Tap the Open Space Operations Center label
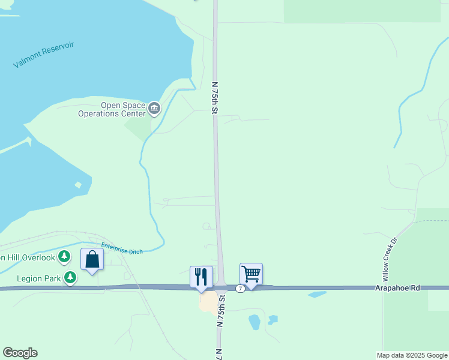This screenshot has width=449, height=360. [123, 109]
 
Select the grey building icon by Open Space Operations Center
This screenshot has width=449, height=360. [154, 109]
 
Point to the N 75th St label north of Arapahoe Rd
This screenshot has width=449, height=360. [214, 97]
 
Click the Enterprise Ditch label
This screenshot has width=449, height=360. [122, 248]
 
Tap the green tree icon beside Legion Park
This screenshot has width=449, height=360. [71, 277]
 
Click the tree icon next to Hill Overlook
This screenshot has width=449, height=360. [65, 257]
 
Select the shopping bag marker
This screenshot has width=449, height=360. [92, 260]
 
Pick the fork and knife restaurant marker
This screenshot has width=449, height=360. [201, 277]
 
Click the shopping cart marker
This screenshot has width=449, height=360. [251, 274]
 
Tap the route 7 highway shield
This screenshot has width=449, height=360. [240, 289]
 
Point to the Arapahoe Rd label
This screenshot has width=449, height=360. [402, 288]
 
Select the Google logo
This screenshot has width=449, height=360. [20, 353]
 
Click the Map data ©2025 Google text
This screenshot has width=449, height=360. [411, 355]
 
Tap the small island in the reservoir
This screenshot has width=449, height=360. [77, 185]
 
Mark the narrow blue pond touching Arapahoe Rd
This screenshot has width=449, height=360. [316, 295]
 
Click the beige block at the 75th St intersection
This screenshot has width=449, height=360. [208, 302]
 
